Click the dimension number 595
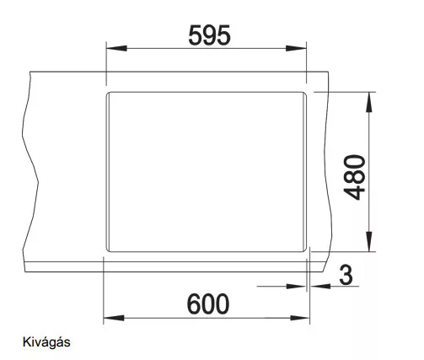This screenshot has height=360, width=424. [x=209, y=35]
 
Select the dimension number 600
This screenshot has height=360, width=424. [x=208, y=304]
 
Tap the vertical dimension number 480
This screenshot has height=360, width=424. [x=354, y=177]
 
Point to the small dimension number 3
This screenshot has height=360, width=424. [x=346, y=275]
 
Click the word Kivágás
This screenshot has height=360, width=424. [x=46, y=342]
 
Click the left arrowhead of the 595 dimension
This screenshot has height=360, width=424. [x=116, y=48]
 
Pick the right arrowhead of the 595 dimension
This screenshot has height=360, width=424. [x=296, y=48]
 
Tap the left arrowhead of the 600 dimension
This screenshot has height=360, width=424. [x=114, y=318]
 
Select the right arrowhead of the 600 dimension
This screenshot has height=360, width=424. [x=299, y=318]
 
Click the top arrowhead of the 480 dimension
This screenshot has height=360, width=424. [x=369, y=102]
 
